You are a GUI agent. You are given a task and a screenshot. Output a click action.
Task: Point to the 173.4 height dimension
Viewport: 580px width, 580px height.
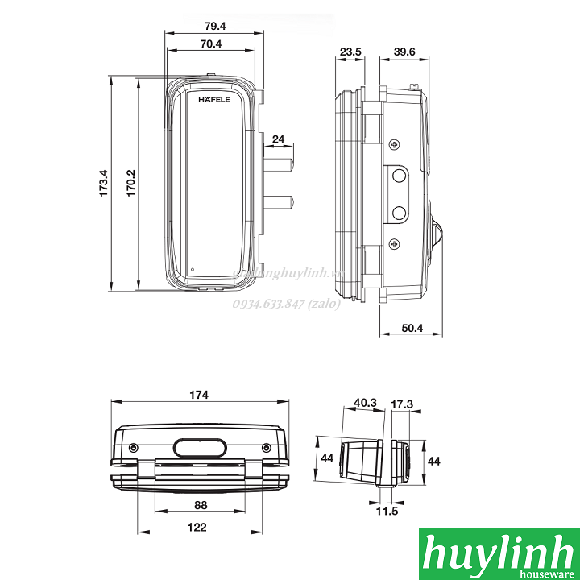coord(104,184)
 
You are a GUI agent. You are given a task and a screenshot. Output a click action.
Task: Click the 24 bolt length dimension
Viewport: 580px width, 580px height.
coord(279,139)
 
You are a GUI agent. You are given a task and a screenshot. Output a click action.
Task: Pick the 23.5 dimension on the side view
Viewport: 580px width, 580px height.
coord(350,52)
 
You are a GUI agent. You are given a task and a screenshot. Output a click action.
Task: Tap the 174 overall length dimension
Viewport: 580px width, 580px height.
coord(199,395)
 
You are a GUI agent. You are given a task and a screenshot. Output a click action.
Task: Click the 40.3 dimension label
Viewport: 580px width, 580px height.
coord(364,402)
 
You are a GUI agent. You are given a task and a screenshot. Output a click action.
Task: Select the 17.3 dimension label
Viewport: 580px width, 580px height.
coord(402,402)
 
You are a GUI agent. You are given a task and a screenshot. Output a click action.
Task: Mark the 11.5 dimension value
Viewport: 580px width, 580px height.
coord(387,510)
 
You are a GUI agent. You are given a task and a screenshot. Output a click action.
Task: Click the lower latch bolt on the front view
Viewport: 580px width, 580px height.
coord(278,201)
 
